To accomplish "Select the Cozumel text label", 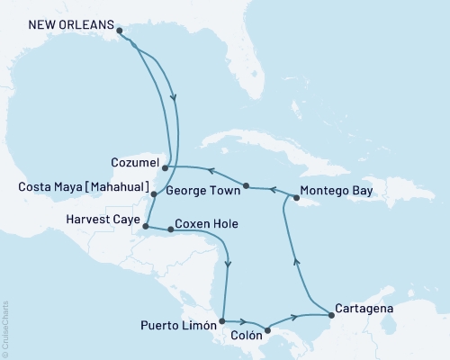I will click(x=135, y=166).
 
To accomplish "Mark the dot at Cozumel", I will click(x=165, y=166).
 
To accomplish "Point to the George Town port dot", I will click(x=246, y=185).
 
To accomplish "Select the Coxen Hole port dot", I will click(x=171, y=229).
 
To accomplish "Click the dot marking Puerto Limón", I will click(x=220, y=320).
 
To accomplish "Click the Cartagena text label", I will click(x=363, y=306).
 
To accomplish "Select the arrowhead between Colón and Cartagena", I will click(x=295, y=317).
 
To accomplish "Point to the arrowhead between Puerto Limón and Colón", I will click(x=244, y=321).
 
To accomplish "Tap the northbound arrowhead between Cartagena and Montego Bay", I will click(x=298, y=260).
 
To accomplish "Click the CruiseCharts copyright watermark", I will click(x=6, y=328).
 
